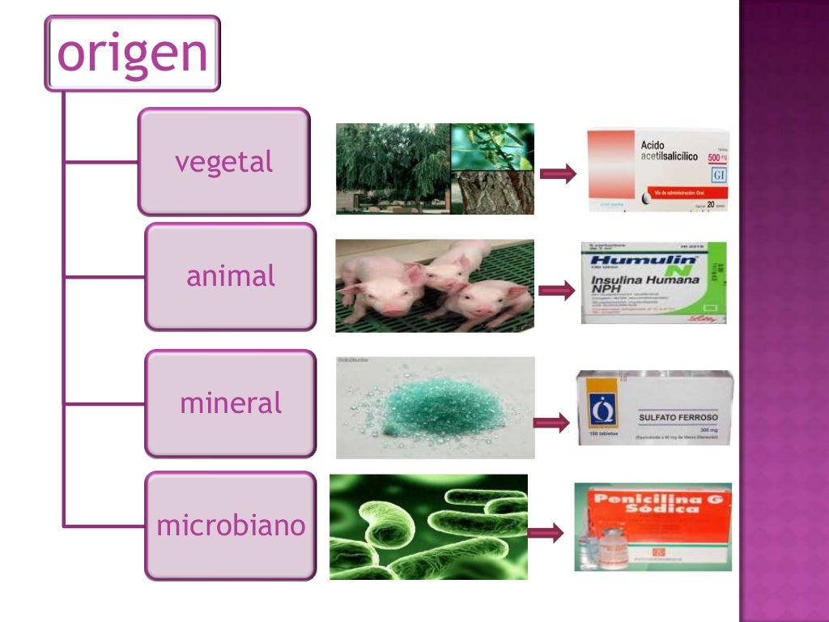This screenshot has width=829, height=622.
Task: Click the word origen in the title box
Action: tap(133, 53)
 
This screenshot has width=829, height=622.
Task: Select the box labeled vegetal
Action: tap(224, 162)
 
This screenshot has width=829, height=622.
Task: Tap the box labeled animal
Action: tap(231, 277)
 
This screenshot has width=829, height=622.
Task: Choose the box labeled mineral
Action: tap(231, 403)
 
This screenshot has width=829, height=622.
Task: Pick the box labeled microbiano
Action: tap(231, 526)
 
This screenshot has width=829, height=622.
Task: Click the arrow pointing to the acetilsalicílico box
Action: tap(558, 173)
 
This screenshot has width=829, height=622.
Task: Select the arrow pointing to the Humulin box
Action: tap(556, 292)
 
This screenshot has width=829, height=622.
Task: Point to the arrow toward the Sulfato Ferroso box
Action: tap(551, 423)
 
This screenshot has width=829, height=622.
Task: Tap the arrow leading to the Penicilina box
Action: tap(546, 533)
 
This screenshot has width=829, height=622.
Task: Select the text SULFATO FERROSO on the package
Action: tap(678, 418)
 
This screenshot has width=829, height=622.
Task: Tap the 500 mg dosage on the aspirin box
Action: tap(716, 157)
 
